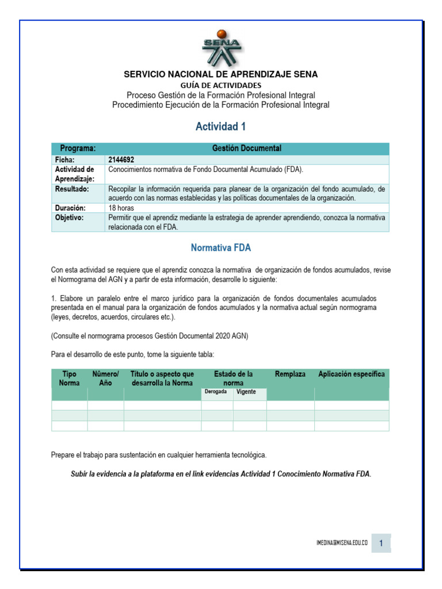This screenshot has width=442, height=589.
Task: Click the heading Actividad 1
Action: (x=221, y=127)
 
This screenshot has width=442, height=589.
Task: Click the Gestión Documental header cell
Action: (x=246, y=148)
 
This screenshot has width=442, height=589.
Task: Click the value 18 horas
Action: (x=122, y=208)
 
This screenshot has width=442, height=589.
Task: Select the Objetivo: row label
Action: (x=70, y=218)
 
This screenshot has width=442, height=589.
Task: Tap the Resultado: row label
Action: (x=72, y=189)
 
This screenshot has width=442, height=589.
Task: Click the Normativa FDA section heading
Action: (x=221, y=248)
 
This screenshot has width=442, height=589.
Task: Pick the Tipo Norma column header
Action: (x=69, y=378)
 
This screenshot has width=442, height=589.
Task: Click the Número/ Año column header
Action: (x=105, y=378)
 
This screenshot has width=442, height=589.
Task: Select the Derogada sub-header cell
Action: (x=216, y=392)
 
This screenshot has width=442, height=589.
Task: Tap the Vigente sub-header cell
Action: (x=246, y=392)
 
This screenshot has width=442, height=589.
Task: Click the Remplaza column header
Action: (x=290, y=374)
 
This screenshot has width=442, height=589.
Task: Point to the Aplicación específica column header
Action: (x=352, y=374)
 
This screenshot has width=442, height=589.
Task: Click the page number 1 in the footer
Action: (x=381, y=543)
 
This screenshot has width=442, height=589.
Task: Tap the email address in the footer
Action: (x=342, y=543)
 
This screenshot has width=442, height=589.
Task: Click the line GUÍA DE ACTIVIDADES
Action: (x=221, y=85)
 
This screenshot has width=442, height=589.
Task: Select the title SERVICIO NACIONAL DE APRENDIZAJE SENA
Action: (x=221, y=75)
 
